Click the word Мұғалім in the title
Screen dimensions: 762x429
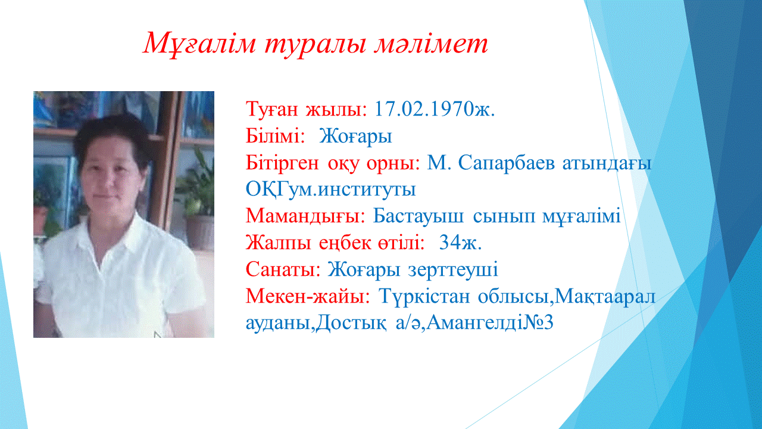199,44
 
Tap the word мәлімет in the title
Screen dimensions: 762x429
431,44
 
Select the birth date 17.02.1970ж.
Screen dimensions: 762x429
435,109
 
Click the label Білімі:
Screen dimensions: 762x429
275,136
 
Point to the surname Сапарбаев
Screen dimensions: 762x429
507,163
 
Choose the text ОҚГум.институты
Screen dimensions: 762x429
330,189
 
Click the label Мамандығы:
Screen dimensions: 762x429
305,216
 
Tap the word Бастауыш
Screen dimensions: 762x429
418,216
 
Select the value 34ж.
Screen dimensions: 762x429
460,243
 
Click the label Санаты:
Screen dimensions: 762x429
283,269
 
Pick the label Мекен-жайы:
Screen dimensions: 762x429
308,297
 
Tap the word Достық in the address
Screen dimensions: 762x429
351,323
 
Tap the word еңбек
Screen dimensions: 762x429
345,243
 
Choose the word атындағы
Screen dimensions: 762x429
607,164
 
